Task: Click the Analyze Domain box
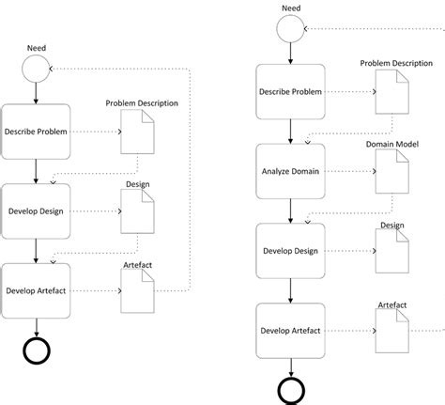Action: pos(290,172)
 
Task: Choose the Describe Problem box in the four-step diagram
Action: pos(290,92)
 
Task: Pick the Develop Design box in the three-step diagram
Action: pos(36,210)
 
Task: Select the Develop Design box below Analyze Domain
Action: pos(290,252)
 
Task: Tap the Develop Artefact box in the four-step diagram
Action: pos(290,332)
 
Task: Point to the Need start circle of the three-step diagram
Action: pos(36,68)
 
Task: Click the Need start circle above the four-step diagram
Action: pos(290,28)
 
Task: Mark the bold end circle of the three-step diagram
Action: pos(36,350)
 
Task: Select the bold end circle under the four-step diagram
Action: pos(290,390)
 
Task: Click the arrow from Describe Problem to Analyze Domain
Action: pos(290,132)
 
